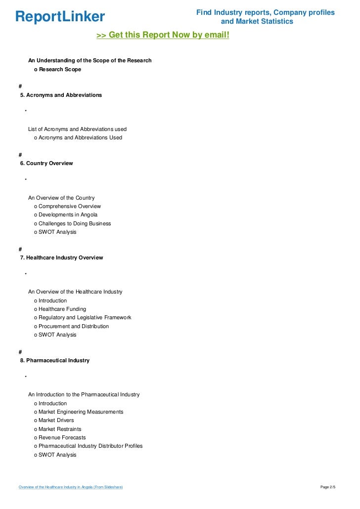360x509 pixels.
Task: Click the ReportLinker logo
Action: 60,17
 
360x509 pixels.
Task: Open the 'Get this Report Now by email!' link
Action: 163,35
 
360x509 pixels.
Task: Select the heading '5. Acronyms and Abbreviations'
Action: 61,95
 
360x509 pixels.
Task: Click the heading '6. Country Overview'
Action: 46,163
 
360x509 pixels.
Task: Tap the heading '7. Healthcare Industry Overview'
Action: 61,257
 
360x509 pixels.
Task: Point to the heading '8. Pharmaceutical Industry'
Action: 55,360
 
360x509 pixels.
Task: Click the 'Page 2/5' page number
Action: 328,487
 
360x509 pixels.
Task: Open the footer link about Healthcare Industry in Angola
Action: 71,487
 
